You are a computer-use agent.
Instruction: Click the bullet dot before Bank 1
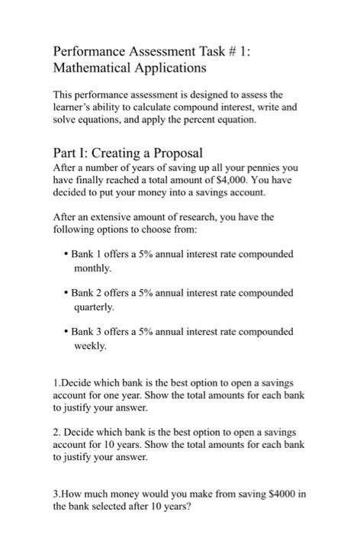[66, 253]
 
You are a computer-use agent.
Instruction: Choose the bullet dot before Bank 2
[66, 293]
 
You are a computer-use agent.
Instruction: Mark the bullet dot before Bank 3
[66, 333]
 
